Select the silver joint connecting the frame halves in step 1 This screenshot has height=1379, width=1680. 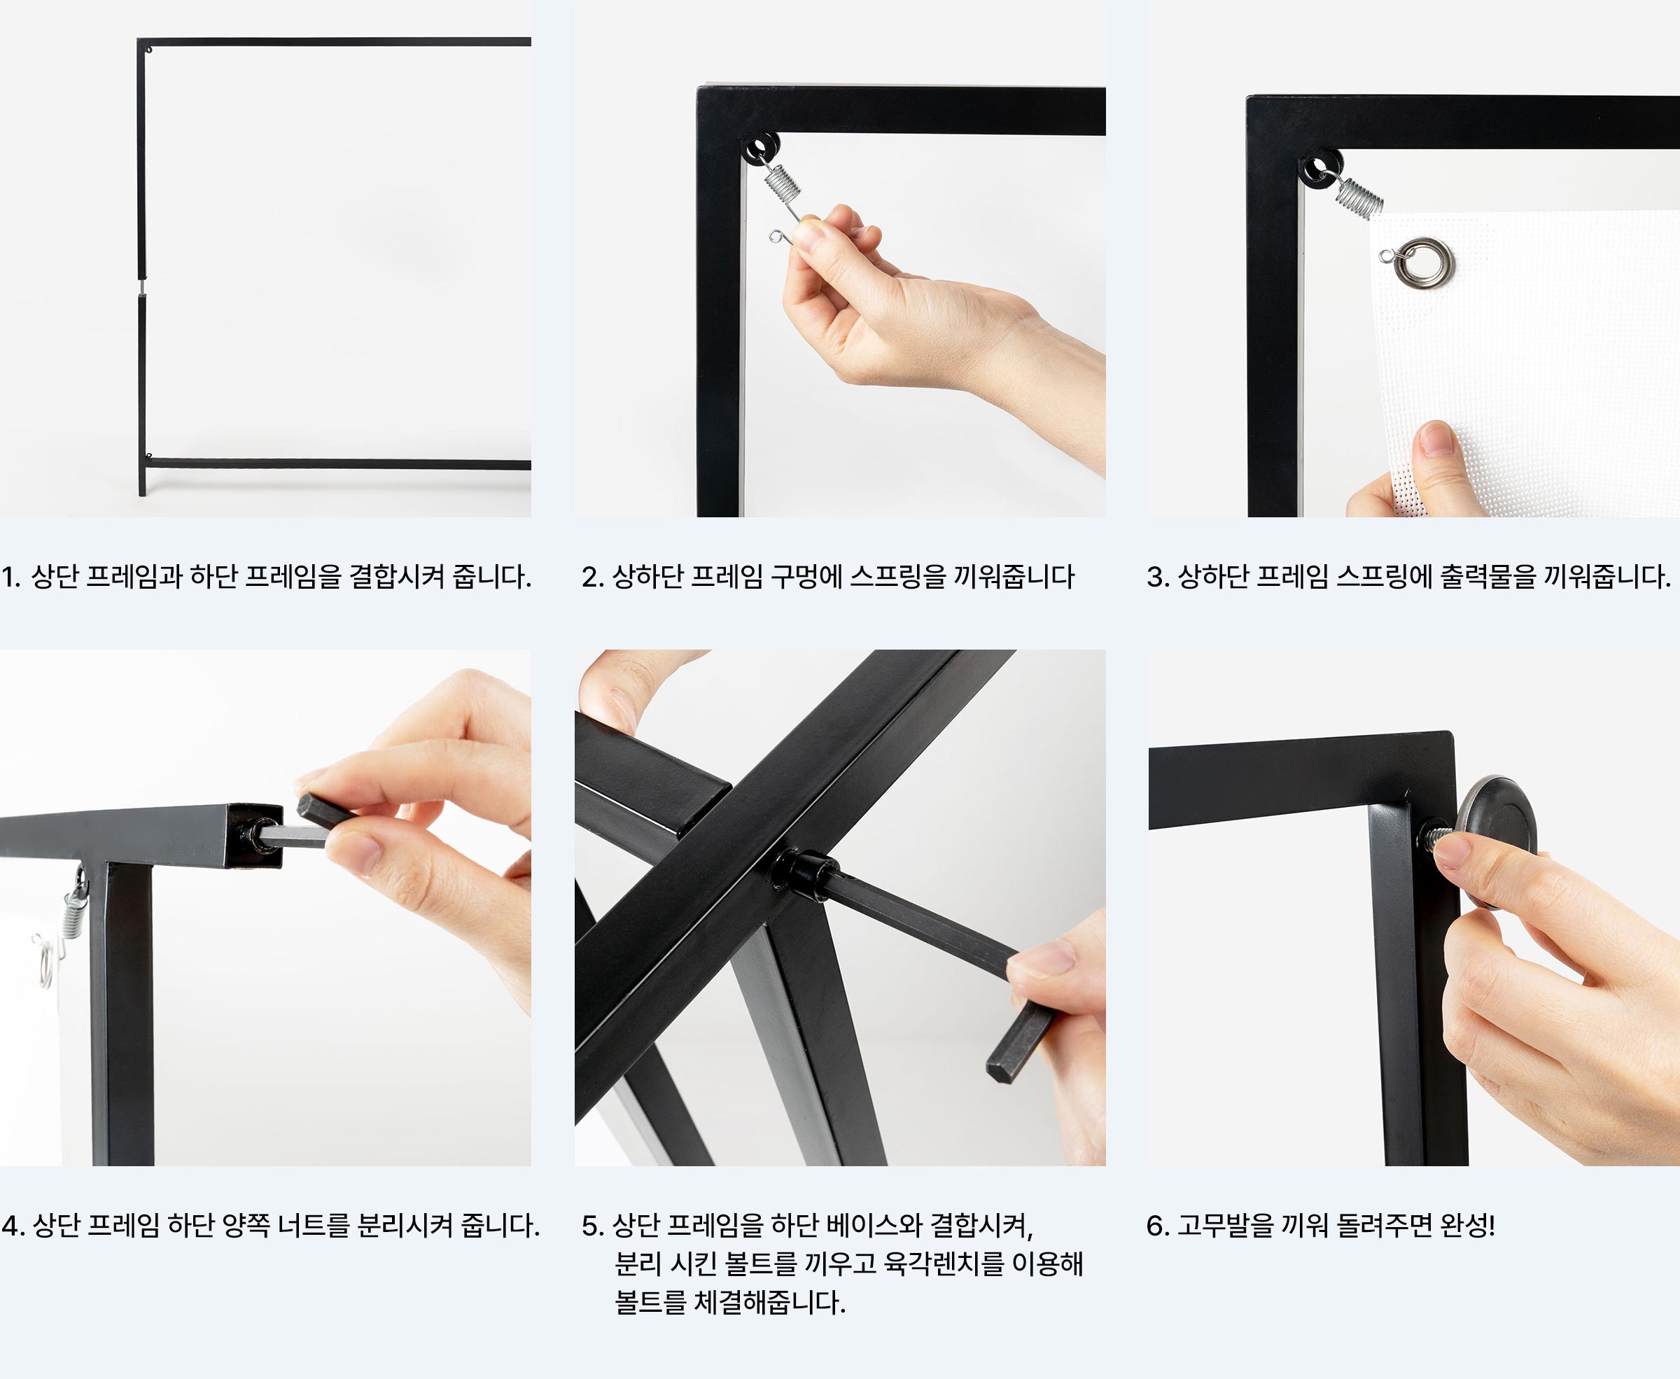click(x=142, y=286)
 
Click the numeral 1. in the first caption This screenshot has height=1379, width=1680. click(x=11, y=577)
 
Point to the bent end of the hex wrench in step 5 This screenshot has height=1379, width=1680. click(x=1019, y=1041)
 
